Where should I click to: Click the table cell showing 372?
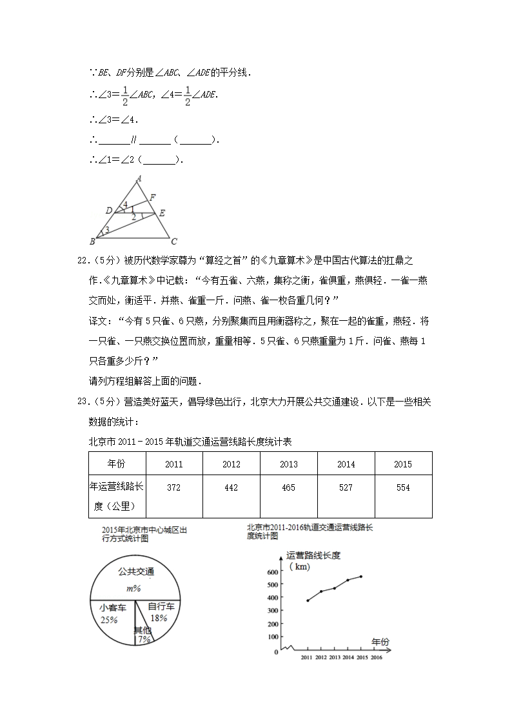click(173, 487)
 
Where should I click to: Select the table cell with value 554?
click(403, 487)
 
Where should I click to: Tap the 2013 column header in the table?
click(288, 464)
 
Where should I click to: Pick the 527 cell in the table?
click(346, 487)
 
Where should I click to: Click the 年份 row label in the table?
click(117, 464)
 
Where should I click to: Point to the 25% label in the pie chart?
click(109, 620)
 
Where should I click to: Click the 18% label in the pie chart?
click(158, 618)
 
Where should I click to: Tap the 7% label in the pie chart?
click(143, 639)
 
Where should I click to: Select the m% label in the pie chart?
click(133, 588)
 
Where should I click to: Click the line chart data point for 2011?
click(308, 600)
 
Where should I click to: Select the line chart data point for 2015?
click(361, 576)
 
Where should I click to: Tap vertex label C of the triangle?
click(173, 242)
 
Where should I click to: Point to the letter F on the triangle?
click(152, 197)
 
